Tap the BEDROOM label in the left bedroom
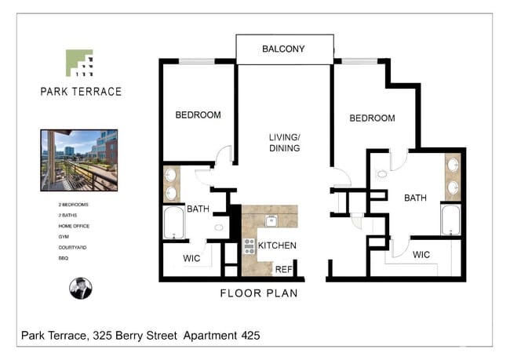coord(198,115)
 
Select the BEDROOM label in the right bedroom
coord(372,118)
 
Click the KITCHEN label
coord(278,245)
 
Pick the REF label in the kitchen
coord(283,269)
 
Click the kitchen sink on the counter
coord(271,220)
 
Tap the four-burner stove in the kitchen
coord(250,246)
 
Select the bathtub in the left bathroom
coord(173,223)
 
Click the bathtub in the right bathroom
coord(450,220)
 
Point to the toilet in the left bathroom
coord(219,227)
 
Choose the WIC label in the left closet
coord(193,257)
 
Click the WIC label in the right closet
coord(421,255)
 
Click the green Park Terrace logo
coord(79,63)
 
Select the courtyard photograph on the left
coord(78,160)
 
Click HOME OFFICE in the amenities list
coord(74,226)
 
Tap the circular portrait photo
coord(80,288)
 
